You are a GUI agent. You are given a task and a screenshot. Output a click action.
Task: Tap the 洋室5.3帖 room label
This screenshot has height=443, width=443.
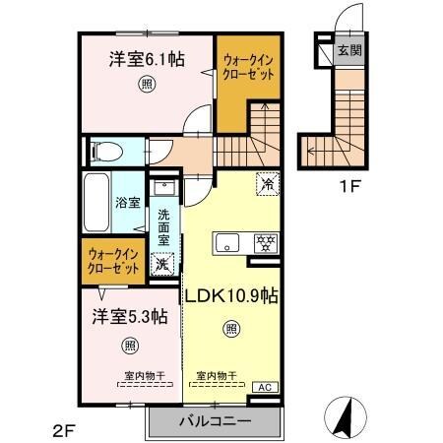pos(130,317)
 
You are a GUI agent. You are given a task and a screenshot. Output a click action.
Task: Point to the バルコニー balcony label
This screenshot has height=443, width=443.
pos(216,421)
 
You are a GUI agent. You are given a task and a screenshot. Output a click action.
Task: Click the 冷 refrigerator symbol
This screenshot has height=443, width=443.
pos(267,182)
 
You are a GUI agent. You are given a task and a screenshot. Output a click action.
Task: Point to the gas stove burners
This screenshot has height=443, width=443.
pos(264,241)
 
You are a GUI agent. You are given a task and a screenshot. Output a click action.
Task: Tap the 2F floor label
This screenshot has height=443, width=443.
pos(64,429)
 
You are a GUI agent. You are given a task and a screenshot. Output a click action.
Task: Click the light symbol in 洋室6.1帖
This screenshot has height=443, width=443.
pos(146,85)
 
